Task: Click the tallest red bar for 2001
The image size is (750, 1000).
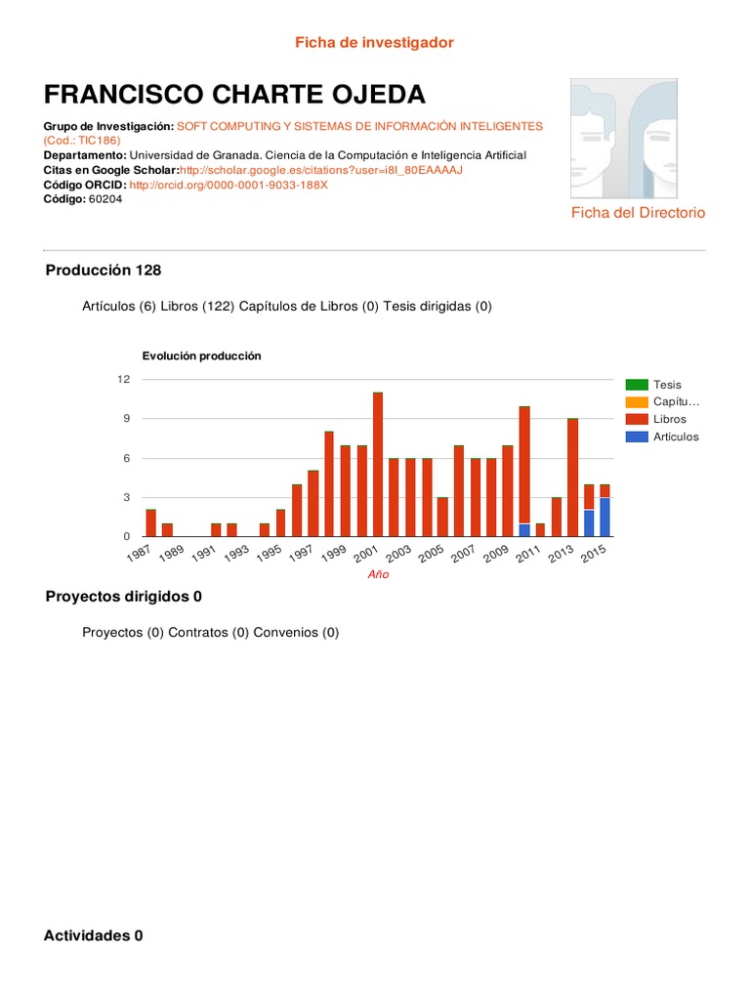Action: coord(378,464)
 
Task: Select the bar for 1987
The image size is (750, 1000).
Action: coord(151,523)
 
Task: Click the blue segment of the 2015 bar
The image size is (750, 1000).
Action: coord(605,518)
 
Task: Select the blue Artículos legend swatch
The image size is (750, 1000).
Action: coord(637,437)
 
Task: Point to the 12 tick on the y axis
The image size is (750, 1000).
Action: coord(124,379)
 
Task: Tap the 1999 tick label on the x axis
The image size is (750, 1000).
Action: coord(334,556)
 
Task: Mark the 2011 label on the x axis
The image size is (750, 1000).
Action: coord(529,556)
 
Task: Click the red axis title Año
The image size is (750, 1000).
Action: coord(378,574)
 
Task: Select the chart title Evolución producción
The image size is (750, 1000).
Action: coord(202,356)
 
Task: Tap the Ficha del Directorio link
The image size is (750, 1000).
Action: coord(638,213)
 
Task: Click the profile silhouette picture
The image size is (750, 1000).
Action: coord(638,138)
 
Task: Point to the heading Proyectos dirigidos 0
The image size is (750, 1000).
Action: coord(124,597)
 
